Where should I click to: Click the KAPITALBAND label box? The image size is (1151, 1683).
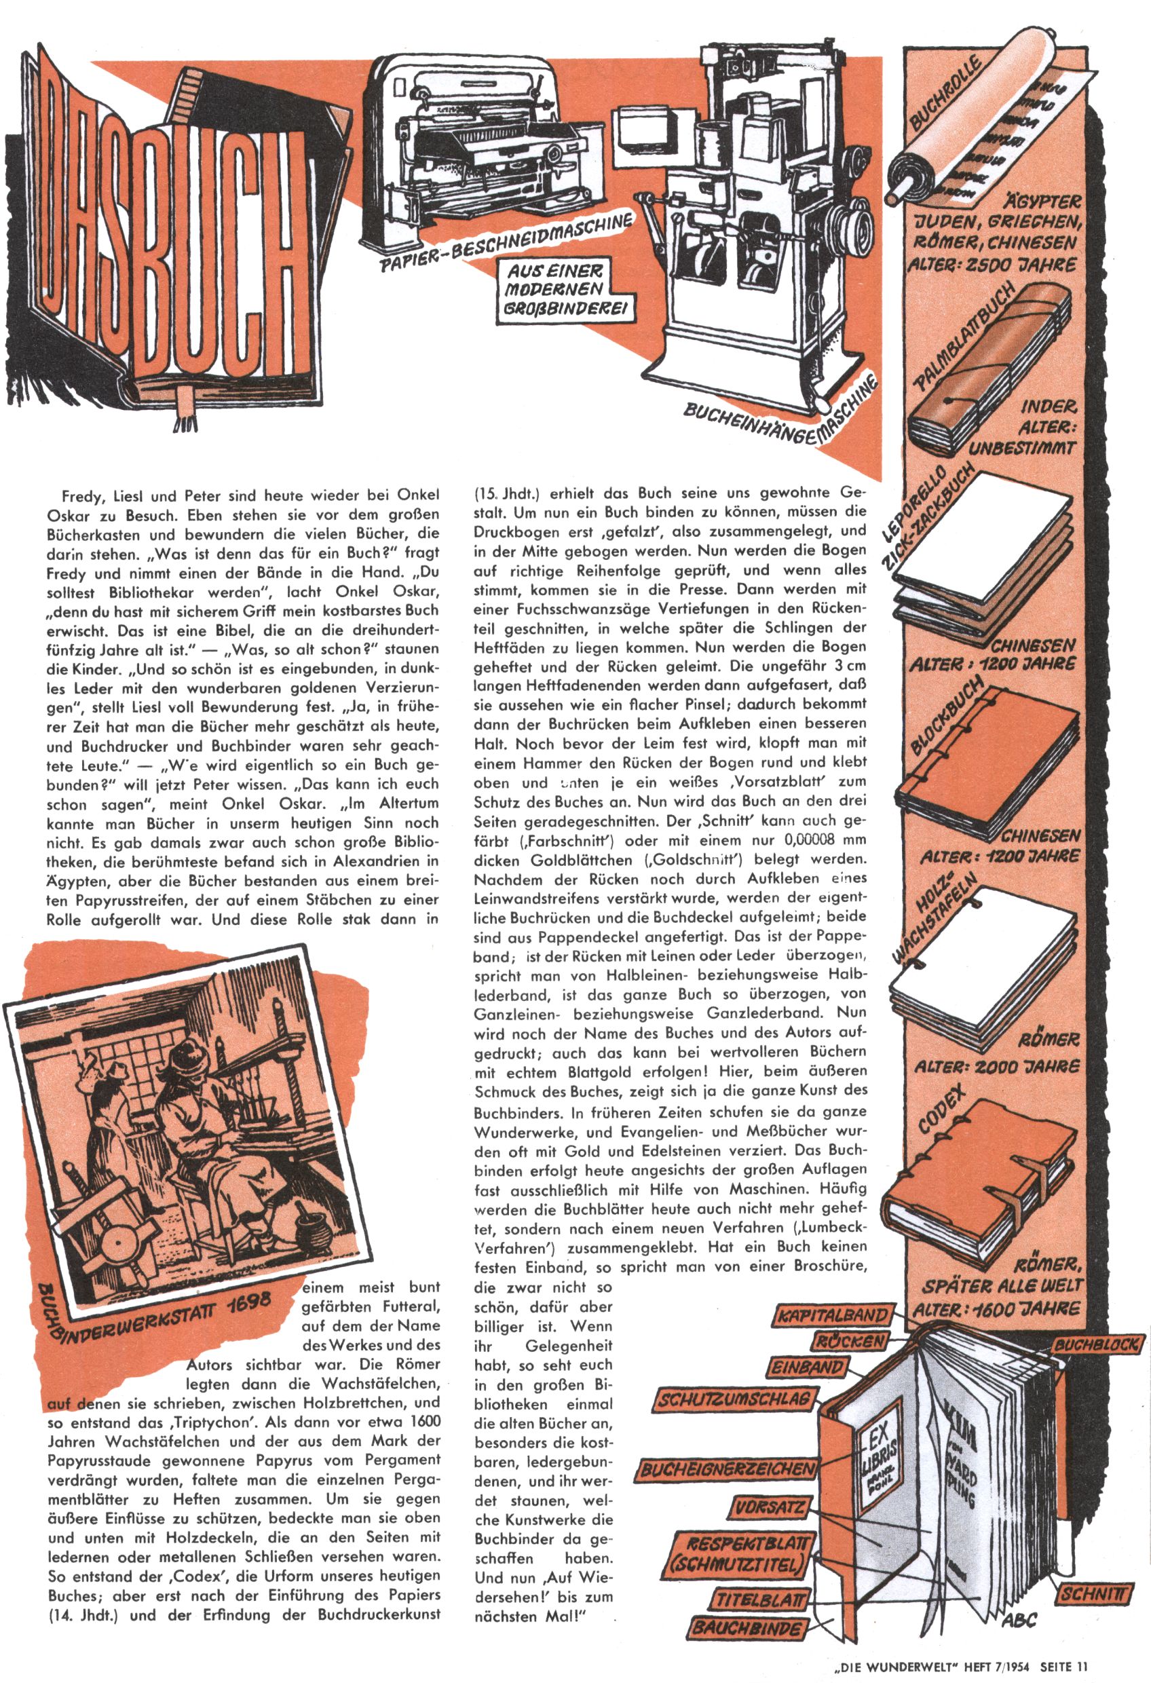[x=832, y=1316]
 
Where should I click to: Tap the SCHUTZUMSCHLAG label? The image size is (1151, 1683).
[x=733, y=1399]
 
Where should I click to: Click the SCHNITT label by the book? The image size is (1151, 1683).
[x=1094, y=1594]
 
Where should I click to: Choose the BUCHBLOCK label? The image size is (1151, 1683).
[x=1097, y=1345]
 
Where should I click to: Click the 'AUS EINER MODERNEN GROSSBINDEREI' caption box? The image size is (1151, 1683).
[x=556, y=290]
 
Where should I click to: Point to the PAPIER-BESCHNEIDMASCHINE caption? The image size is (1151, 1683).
[x=507, y=242]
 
